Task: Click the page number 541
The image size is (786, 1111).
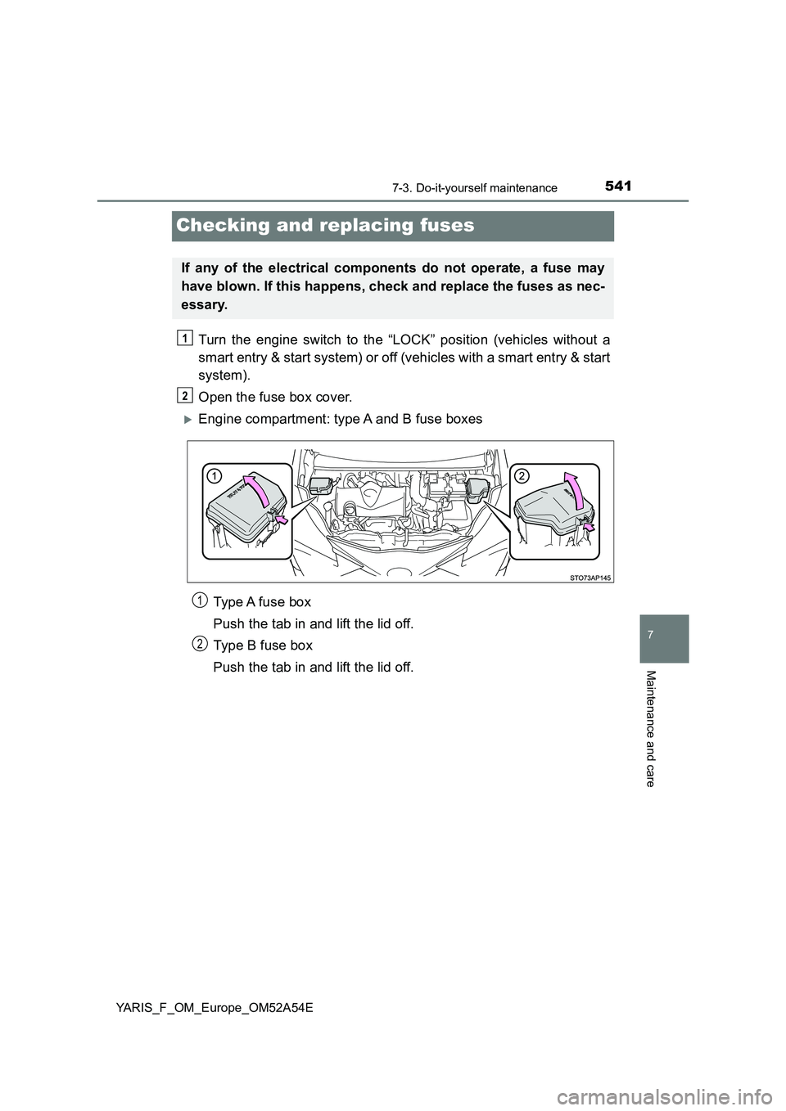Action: click(618, 187)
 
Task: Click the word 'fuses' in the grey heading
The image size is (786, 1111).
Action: click(447, 226)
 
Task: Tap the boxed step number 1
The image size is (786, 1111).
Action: click(184, 338)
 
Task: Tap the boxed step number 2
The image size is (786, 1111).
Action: click(184, 395)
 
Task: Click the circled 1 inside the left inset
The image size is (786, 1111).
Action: click(214, 476)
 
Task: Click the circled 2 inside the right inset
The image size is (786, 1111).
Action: click(521, 476)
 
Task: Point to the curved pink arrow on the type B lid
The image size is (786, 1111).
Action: click(574, 492)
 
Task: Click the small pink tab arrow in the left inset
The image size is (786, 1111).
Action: click(282, 519)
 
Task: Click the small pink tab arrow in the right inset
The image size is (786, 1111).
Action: click(589, 527)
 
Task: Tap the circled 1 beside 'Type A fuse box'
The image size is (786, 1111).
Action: click(199, 600)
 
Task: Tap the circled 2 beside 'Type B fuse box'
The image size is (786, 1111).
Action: click(199, 644)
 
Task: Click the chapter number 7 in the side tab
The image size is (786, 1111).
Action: click(650, 634)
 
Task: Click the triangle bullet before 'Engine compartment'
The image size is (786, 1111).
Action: click(188, 420)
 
